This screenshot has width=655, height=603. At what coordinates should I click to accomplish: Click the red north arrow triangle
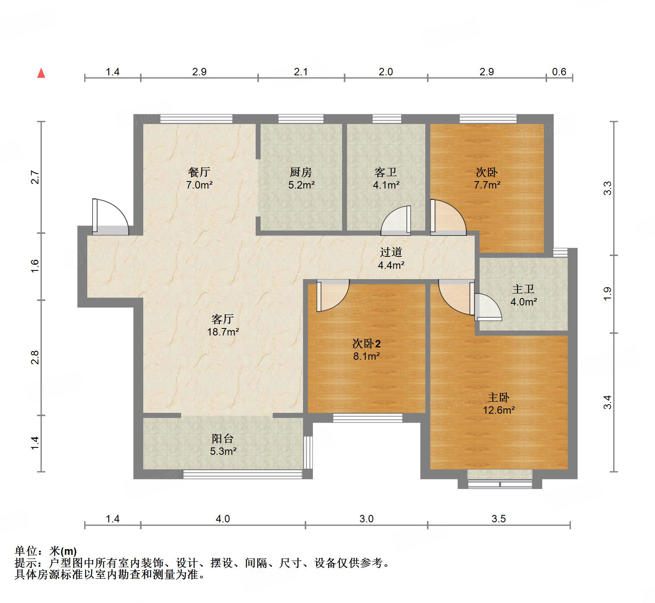point(41,74)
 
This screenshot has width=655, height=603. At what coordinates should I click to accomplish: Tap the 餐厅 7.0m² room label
point(199,179)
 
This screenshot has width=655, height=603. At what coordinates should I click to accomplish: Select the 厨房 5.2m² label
point(301,179)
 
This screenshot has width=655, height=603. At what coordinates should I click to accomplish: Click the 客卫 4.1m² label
point(386,179)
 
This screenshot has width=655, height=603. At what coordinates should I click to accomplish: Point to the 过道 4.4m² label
point(391,258)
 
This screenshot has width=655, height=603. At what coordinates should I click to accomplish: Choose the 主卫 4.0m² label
point(523,296)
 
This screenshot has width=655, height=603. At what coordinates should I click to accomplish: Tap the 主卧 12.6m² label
point(499,403)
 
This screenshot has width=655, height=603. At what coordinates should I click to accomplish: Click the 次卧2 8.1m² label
point(366,349)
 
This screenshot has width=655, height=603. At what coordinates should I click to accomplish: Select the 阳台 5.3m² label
point(223,445)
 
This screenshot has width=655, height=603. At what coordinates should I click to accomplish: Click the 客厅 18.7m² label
point(223,325)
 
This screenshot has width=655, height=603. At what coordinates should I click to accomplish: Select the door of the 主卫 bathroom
point(487,307)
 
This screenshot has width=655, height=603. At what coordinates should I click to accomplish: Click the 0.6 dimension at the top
point(559,72)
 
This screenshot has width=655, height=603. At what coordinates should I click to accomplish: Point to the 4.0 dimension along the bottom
point(223,519)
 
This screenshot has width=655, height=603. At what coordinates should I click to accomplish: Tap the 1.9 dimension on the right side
point(608,293)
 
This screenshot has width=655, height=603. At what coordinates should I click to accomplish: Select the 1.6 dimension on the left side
point(35,266)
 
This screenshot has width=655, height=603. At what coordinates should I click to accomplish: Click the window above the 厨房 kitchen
point(301,119)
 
